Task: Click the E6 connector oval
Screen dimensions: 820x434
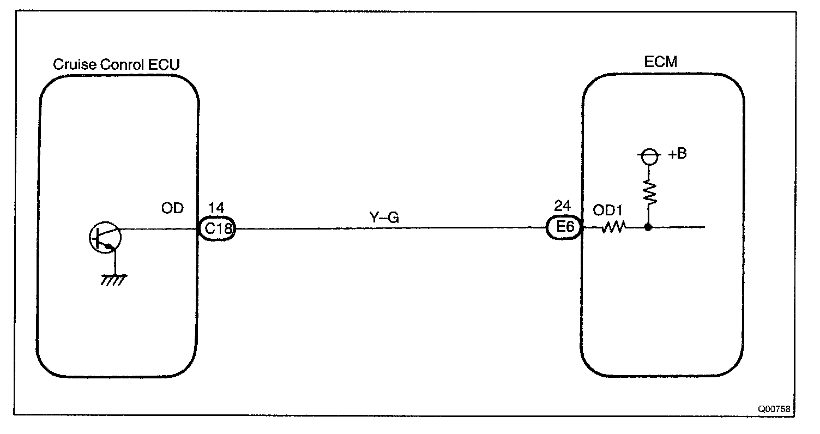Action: coord(565,229)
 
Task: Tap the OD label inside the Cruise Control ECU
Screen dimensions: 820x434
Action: coord(173,209)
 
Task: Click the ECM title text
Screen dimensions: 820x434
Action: coord(661,62)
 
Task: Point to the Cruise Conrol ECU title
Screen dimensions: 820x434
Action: coord(116,65)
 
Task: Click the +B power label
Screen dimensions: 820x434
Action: coord(677,154)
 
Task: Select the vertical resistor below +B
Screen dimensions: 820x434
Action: coord(649,192)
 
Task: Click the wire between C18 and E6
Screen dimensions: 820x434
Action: coord(390,229)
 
